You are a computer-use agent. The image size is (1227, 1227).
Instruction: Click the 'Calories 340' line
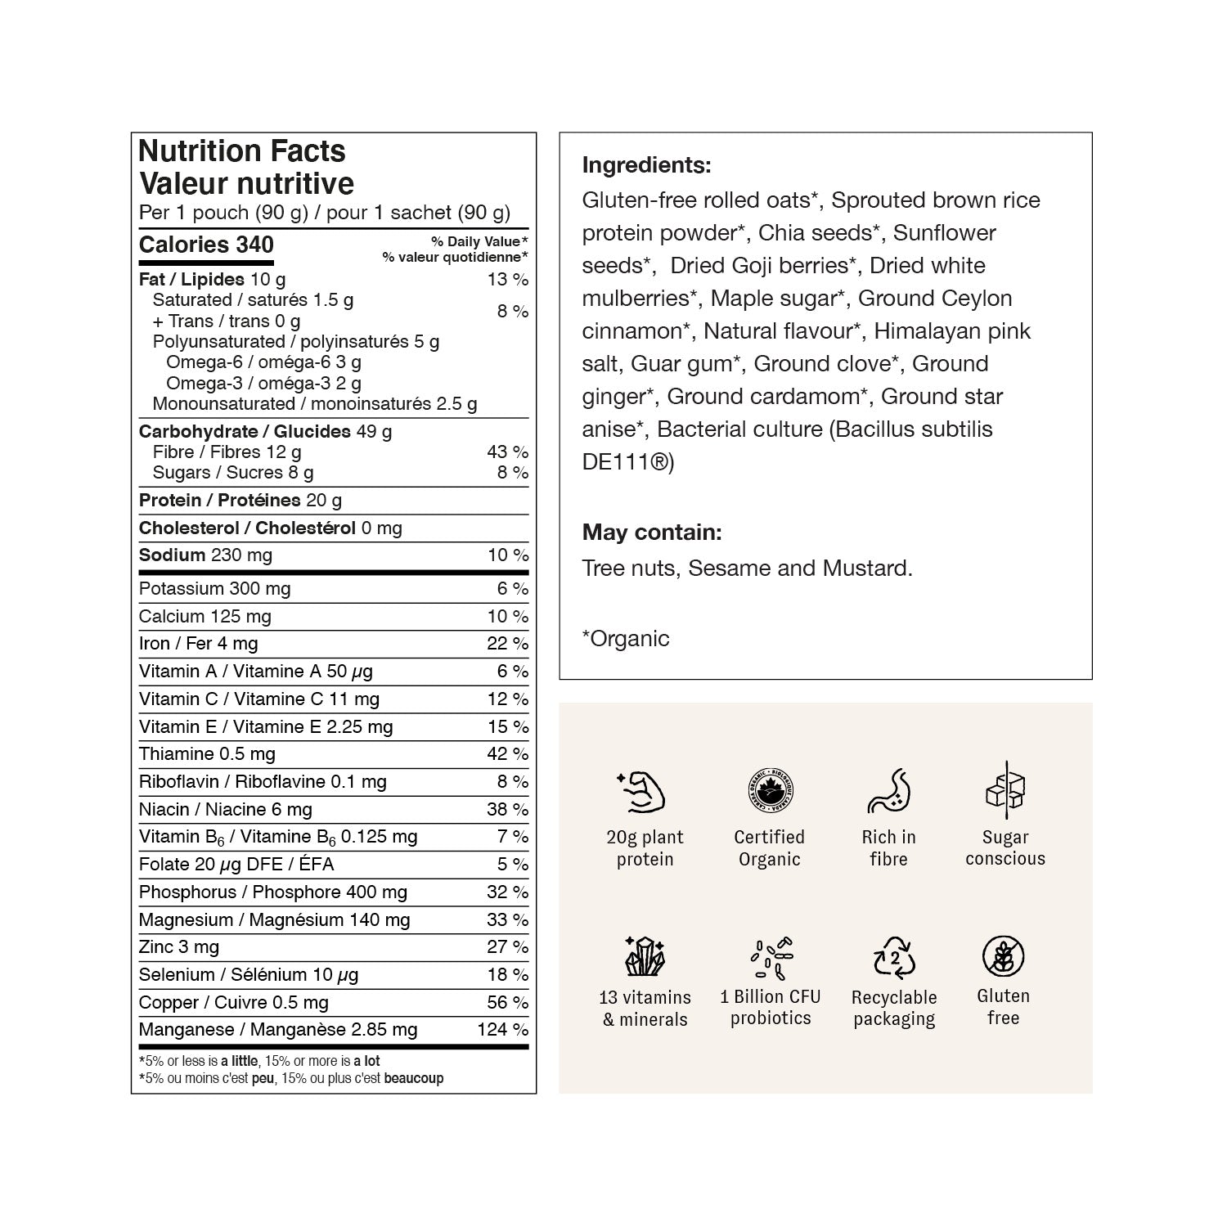pos(206,245)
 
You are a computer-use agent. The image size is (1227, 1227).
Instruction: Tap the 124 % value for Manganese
pos(502,1029)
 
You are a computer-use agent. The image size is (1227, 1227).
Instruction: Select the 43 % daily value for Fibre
pos(507,452)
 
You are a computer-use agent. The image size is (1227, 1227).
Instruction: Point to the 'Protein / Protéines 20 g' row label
pos(240,500)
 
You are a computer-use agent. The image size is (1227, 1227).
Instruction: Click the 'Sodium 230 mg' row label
pos(205,555)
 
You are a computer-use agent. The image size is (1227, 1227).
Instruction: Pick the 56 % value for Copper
pos(507,1002)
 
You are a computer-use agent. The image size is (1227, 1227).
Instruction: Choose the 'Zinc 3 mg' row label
pos(179,946)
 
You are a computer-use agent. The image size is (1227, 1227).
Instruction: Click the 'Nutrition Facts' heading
pos(242,151)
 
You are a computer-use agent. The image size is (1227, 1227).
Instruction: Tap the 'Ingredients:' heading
pos(646,165)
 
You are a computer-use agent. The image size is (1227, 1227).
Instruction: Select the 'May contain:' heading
pos(652,533)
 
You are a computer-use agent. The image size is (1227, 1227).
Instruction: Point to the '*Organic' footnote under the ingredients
pos(626,638)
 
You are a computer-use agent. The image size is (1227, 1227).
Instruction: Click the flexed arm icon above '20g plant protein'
pos(641,791)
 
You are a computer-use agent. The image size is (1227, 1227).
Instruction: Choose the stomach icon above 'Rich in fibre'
pos(888,791)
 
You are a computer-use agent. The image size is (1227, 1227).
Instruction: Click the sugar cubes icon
pos(1005,790)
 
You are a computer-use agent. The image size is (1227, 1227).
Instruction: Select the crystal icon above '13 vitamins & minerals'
pos(645,956)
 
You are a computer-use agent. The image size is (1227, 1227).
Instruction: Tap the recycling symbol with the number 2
pos(894,957)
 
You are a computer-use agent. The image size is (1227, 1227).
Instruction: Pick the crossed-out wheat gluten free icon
pos(1003,956)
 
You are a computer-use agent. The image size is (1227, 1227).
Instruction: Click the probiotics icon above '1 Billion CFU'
pos(771,957)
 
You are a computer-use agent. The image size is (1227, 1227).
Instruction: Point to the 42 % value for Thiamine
pos(507,753)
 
